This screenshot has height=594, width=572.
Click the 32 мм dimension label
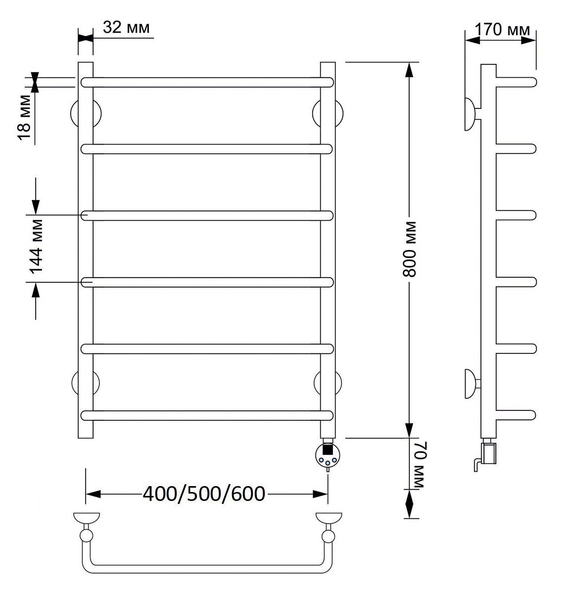tap(126, 28)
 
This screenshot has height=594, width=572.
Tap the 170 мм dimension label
tap(502, 30)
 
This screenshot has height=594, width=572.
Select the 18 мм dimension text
tap(24, 117)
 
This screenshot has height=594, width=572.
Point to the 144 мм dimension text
tap(36, 247)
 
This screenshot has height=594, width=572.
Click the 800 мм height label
tap(409, 249)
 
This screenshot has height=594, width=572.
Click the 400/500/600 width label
tap(204, 494)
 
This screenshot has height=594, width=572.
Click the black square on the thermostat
tap(328, 449)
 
